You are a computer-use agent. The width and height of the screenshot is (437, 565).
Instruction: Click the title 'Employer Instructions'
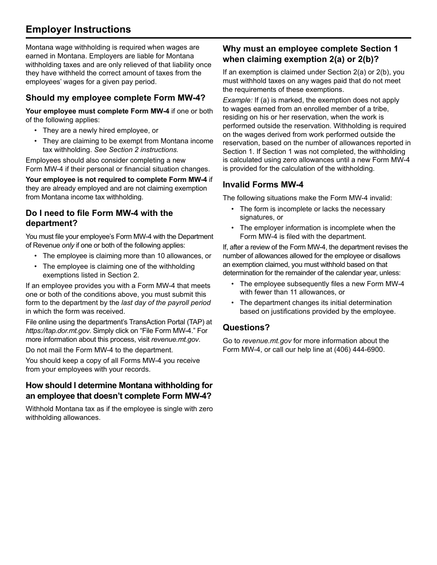point(78,29)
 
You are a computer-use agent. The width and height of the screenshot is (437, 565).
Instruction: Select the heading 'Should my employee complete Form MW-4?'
point(115,98)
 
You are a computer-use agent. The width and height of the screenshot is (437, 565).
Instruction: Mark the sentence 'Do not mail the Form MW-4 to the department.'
point(99,350)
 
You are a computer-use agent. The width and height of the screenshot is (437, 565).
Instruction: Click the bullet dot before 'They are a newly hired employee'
point(35,131)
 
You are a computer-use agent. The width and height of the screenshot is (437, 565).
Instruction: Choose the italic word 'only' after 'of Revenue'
point(68,245)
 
